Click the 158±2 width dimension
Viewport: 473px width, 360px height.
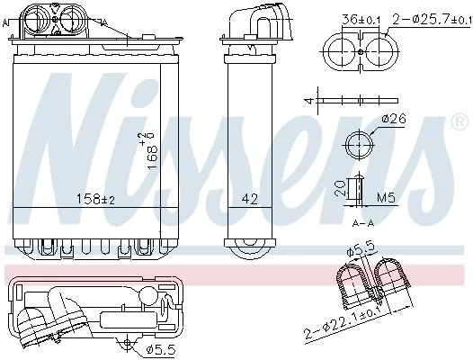coord(96,199)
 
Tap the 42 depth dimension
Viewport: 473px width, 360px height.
coord(250,199)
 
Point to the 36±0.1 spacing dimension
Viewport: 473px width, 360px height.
coord(361,20)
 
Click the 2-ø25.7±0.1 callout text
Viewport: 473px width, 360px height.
coord(432,20)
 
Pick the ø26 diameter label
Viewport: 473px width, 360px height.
coord(394,119)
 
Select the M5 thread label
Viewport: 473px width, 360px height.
coord(386,198)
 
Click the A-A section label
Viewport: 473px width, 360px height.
coord(363,223)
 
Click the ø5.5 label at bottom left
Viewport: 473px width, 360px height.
coord(160,350)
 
